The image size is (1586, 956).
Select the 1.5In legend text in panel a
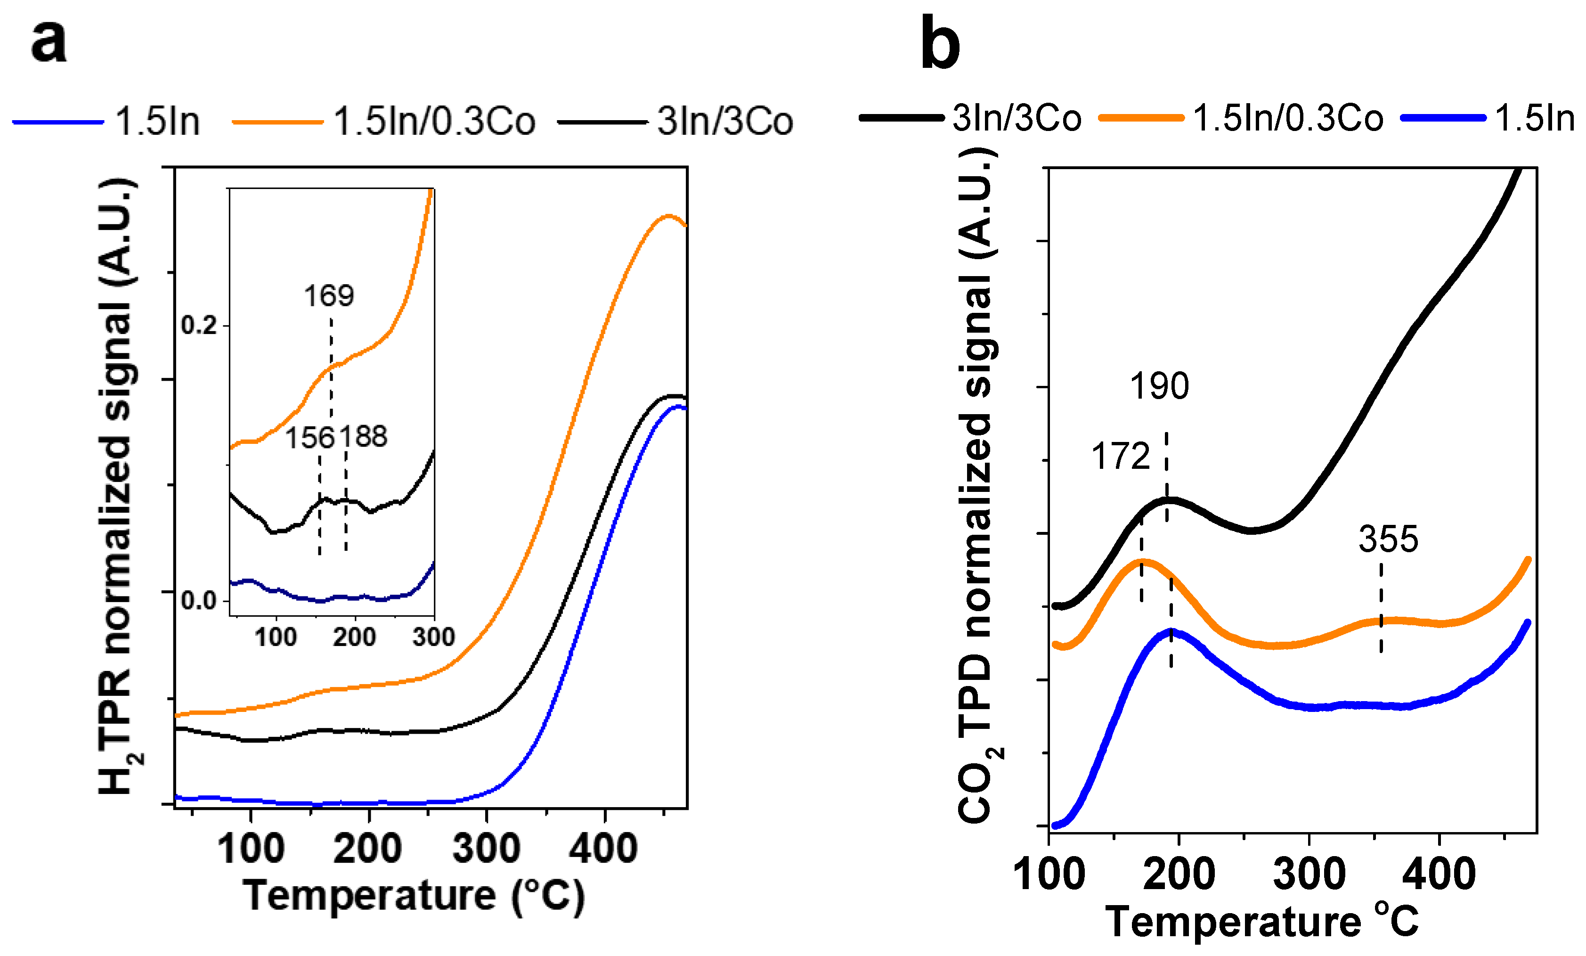(x=158, y=121)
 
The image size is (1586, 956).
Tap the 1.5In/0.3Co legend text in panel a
(x=434, y=121)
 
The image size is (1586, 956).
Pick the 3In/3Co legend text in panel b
(x=1017, y=118)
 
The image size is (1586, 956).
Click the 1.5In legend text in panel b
(x=1535, y=118)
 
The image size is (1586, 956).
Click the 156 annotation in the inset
(x=309, y=438)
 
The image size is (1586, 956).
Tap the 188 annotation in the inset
(x=364, y=437)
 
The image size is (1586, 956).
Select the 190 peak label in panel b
(x=1160, y=387)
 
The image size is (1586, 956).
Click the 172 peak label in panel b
(x=1121, y=457)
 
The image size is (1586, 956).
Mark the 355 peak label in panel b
(x=1388, y=539)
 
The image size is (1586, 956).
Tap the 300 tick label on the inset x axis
(x=433, y=637)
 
